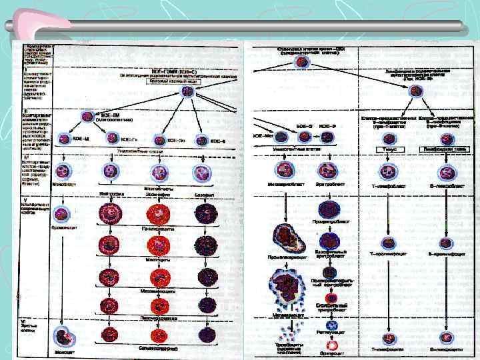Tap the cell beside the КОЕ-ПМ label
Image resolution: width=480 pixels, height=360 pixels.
tap(87, 117)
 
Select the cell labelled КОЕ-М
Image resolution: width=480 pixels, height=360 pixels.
tap(64, 139)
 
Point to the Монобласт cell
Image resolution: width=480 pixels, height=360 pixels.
tap(62, 171)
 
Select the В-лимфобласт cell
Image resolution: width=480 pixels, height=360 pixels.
tap(442, 170)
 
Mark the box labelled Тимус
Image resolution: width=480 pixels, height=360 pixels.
tap(387, 151)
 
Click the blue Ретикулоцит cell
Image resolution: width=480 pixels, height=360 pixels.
tap(329, 329)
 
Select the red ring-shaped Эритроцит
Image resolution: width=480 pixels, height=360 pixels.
tap(329, 347)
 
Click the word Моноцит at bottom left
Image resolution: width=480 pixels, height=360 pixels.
tap(64, 351)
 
